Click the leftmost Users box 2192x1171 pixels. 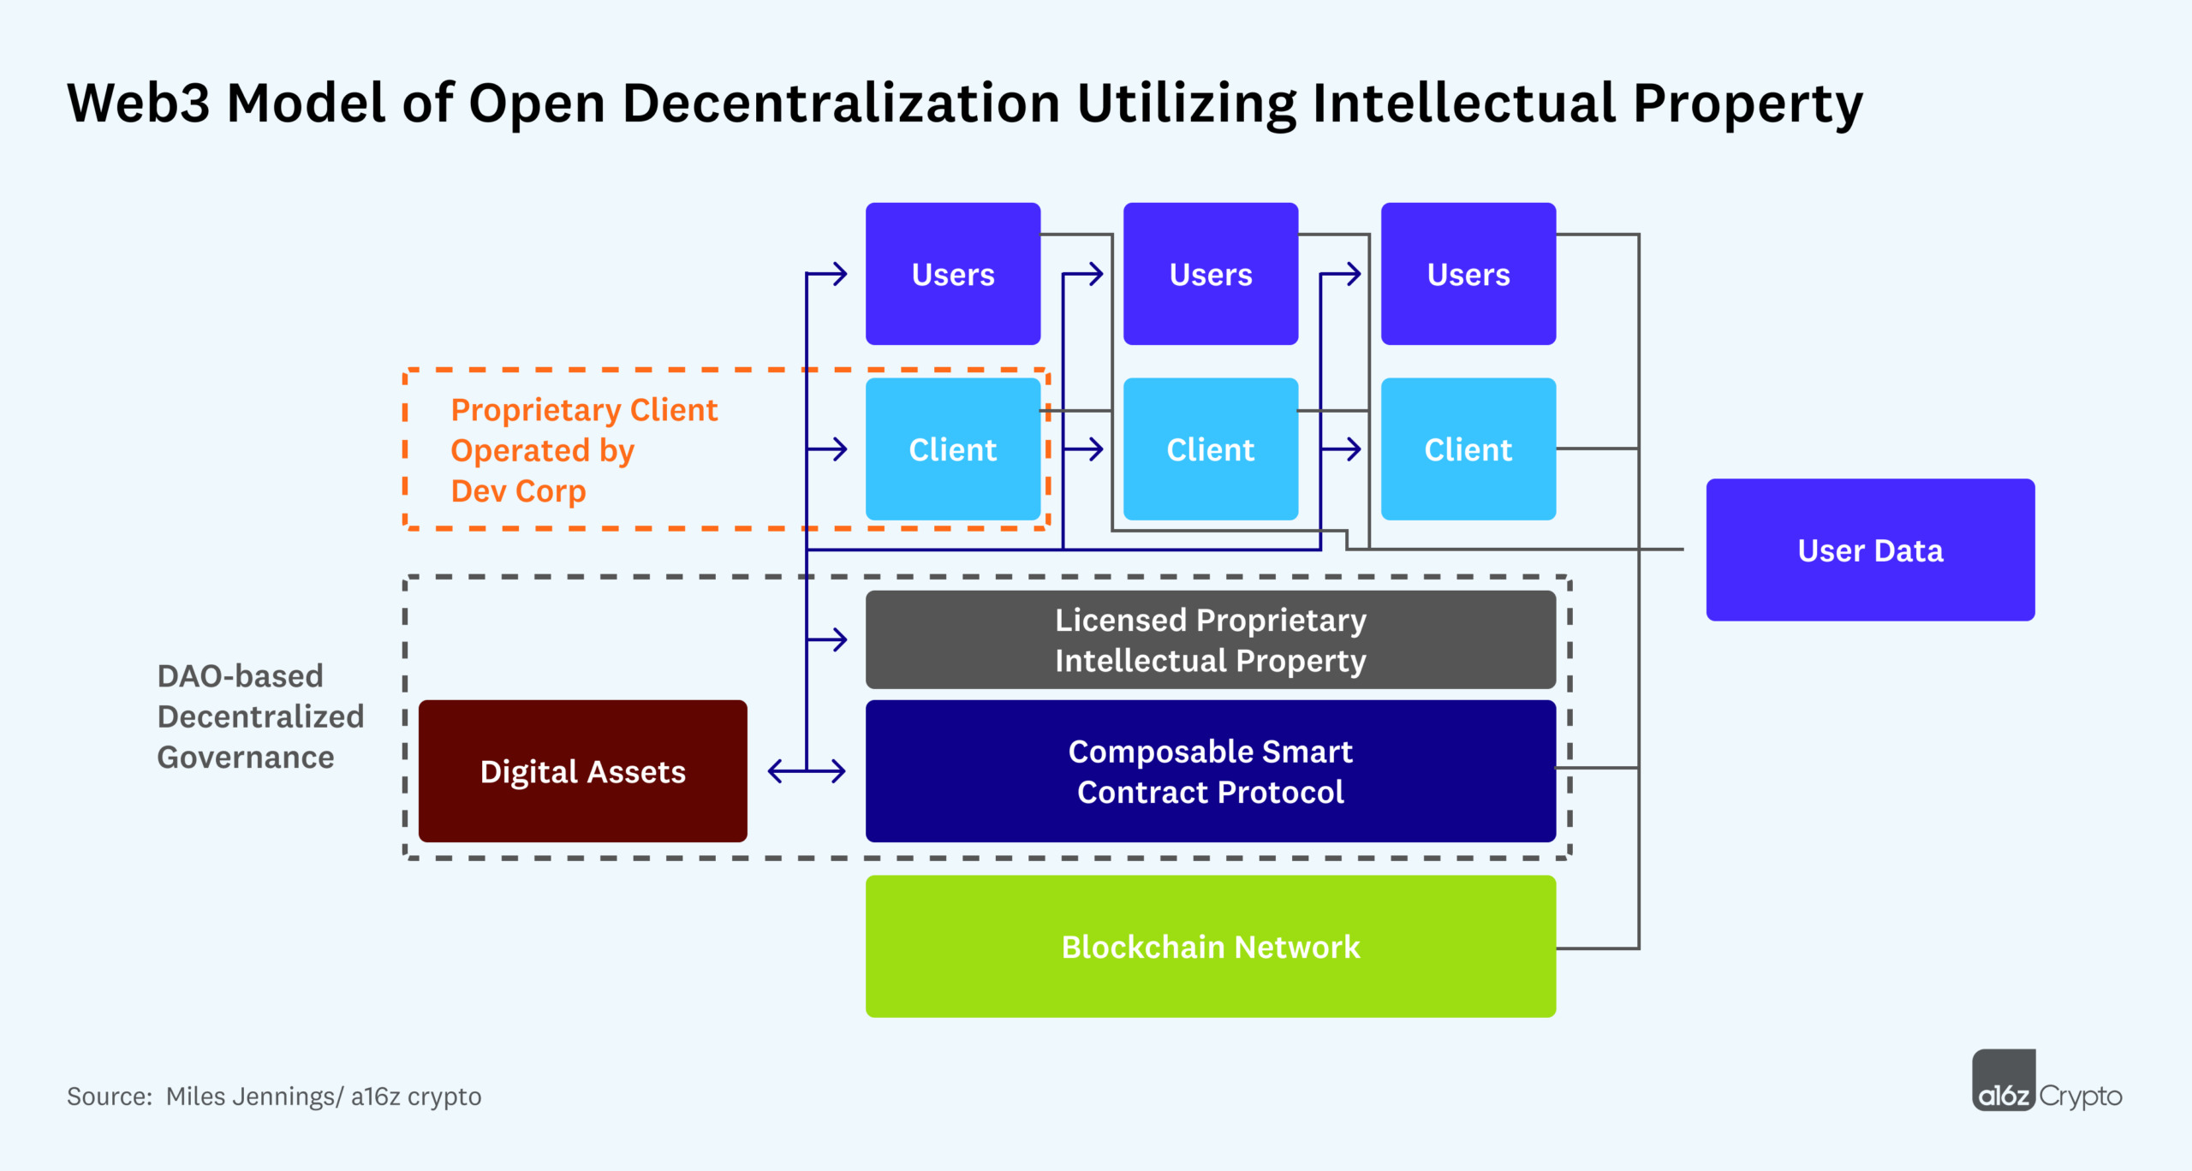(x=953, y=274)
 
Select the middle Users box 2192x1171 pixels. (x=1211, y=274)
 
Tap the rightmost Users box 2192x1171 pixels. (x=1468, y=274)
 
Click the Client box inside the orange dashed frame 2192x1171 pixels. (x=953, y=449)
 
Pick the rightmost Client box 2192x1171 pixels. (x=1468, y=449)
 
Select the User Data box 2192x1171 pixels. (x=1870, y=550)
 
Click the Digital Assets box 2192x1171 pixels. (x=582, y=771)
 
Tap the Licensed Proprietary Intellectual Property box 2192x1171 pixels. (x=1211, y=639)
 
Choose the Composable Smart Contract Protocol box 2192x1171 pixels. (x=1211, y=771)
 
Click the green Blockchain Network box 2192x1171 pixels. (x=1211, y=947)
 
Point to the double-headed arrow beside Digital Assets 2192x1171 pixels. (x=807, y=771)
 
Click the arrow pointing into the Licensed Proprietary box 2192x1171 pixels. (x=829, y=639)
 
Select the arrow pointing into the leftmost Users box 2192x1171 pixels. (x=829, y=274)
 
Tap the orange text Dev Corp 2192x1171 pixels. (x=518, y=491)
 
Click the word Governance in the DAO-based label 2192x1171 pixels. (x=246, y=758)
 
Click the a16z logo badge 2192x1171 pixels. (x=2003, y=1081)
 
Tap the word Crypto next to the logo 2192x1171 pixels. (x=2081, y=1097)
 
